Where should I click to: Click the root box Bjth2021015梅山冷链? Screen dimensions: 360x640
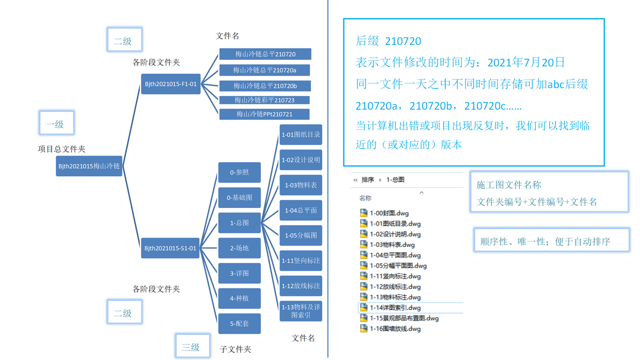pos(89,166)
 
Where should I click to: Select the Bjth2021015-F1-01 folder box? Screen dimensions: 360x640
pos(171,84)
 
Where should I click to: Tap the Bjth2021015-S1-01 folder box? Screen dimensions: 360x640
pos(171,248)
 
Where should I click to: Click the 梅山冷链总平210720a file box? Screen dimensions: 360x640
pos(265,70)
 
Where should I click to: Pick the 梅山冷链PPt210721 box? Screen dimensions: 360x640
pos(265,114)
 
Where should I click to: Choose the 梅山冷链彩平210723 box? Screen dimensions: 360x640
pos(265,100)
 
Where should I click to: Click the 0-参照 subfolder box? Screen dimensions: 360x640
pos(239,172)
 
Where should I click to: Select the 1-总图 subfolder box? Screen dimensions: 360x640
pos(239,222)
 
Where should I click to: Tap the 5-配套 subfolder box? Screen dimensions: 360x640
pos(239,323)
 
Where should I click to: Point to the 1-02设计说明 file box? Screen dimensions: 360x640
pos(301,160)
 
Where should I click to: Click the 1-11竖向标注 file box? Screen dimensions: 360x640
pos(301,261)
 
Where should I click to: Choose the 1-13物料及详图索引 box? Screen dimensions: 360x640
pos(301,311)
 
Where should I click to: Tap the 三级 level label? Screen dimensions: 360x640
pos(190,347)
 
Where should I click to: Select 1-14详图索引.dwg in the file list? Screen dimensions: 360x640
pos(395,308)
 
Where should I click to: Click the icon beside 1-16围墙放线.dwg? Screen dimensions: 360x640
pos(364,329)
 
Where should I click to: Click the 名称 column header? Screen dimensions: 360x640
pos(365,198)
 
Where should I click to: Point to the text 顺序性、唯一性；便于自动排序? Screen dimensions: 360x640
pos(545,242)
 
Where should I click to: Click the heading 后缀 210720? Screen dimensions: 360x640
pos(388,41)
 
